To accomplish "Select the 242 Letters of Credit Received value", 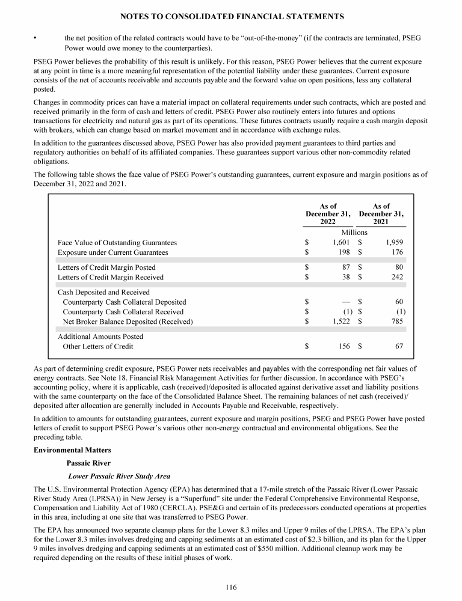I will (x=396, y=277).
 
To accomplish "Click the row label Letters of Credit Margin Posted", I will (x=106, y=267).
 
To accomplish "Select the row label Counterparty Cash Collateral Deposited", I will (x=124, y=302).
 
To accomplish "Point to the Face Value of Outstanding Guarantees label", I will (x=117, y=242).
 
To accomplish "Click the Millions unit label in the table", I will (x=354, y=232).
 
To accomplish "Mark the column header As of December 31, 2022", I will (x=328, y=214).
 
